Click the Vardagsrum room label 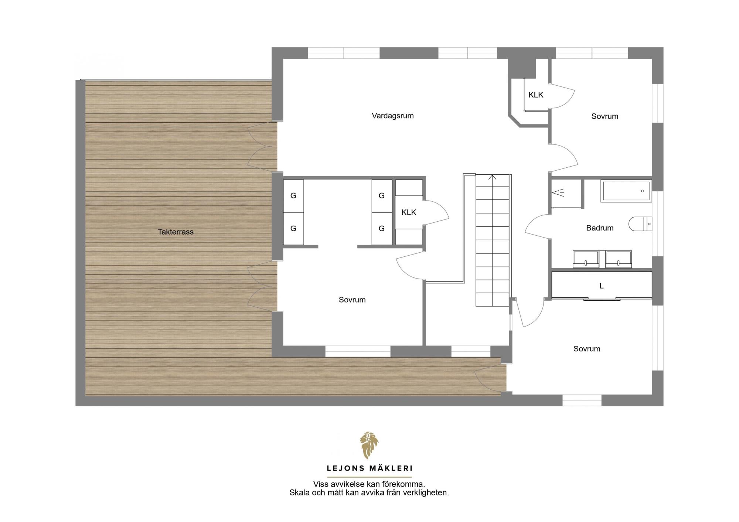392,116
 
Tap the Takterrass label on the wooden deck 176,232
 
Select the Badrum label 600,228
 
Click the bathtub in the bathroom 626,191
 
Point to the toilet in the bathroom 640,224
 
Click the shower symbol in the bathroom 558,192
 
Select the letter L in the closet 602,286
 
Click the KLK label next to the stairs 409,212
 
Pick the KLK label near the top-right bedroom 536,95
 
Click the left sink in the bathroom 586,259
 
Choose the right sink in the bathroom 619,259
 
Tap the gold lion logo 369,446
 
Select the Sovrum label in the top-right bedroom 605,116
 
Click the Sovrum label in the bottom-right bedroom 587,349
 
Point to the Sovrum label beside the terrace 352,300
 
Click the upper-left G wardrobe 293,196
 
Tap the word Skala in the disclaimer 300,493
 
